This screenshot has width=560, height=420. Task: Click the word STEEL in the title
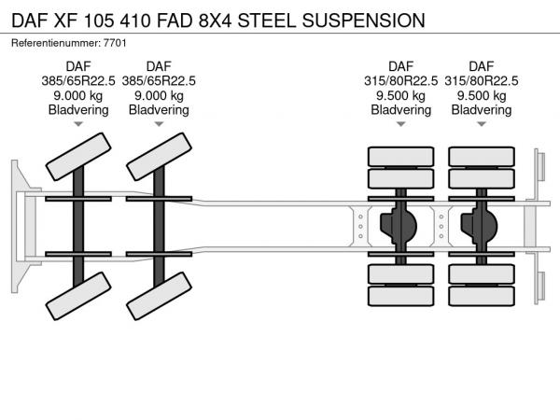coord(270,19)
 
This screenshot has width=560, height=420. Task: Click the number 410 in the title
coord(130,19)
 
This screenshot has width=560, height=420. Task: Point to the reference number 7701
coord(115,43)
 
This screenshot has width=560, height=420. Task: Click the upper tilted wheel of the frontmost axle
coord(78,157)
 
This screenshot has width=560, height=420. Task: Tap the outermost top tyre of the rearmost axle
coord(482,156)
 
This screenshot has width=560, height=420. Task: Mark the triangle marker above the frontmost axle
coord(78,124)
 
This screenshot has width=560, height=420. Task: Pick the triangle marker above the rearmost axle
coord(482,124)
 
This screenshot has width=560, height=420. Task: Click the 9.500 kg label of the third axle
coord(401,95)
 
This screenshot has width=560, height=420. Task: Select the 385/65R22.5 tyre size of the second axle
coord(159,80)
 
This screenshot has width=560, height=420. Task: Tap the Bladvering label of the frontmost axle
coord(78,109)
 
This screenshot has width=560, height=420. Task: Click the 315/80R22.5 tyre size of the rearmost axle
coord(482,80)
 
